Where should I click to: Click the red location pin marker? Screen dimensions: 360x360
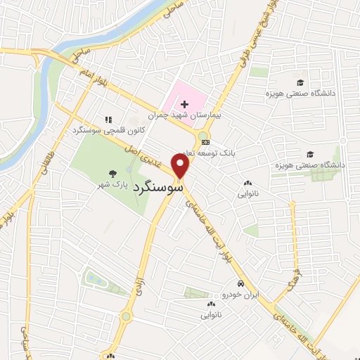click(x=181, y=166)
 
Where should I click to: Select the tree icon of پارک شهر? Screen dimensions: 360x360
click(x=112, y=173)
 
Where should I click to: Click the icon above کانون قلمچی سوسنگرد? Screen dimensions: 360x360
click(x=108, y=120)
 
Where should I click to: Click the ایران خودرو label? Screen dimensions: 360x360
click(x=238, y=294)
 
